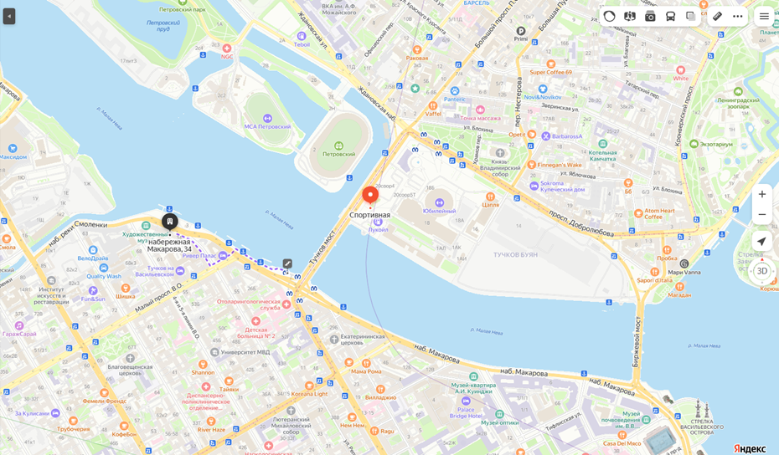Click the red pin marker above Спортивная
click(x=369, y=195)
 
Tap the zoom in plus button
click(x=761, y=194)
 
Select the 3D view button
click(x=761, y=271)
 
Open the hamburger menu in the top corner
click(x=764, y=16)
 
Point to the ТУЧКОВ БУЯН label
click(x=515, y=254)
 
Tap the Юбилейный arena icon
click(x=440, y=202)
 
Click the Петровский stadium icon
click(x=339, y=145)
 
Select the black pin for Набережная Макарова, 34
click(x=169, y=222)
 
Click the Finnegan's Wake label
click(x=560, y=165)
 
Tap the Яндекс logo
click(x=750, y=448)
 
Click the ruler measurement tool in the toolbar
click(x=718, y=16)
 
